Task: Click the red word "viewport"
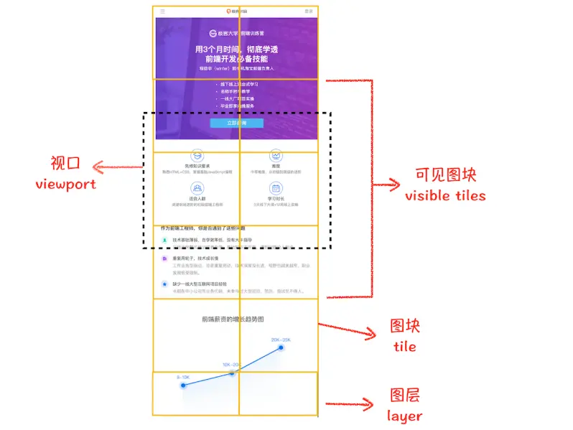click(x=65, y=184)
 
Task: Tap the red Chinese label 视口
click(x=65, y=164)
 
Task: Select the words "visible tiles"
click(x=445, y=195)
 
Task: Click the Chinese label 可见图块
click(x=445, y=175)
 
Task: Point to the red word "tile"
click(x=404, y=346)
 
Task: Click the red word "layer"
click(x=404, y=416)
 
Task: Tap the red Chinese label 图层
click(x=404, y=396)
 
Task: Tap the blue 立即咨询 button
click(x=236, y=123)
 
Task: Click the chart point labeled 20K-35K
click(x=281, y=347)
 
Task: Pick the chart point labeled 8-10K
click(x=184, y=385)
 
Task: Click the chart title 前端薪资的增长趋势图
click(x=236, y=319)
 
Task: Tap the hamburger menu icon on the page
click(x=162, y=11)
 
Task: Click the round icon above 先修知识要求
click(x=196, y=156)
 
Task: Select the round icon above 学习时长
click(x=276, y=188)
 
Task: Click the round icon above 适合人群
click(x=196, y=188)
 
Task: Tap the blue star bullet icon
click(x=164, y=284)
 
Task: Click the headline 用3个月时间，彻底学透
click(x=236, y=49)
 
